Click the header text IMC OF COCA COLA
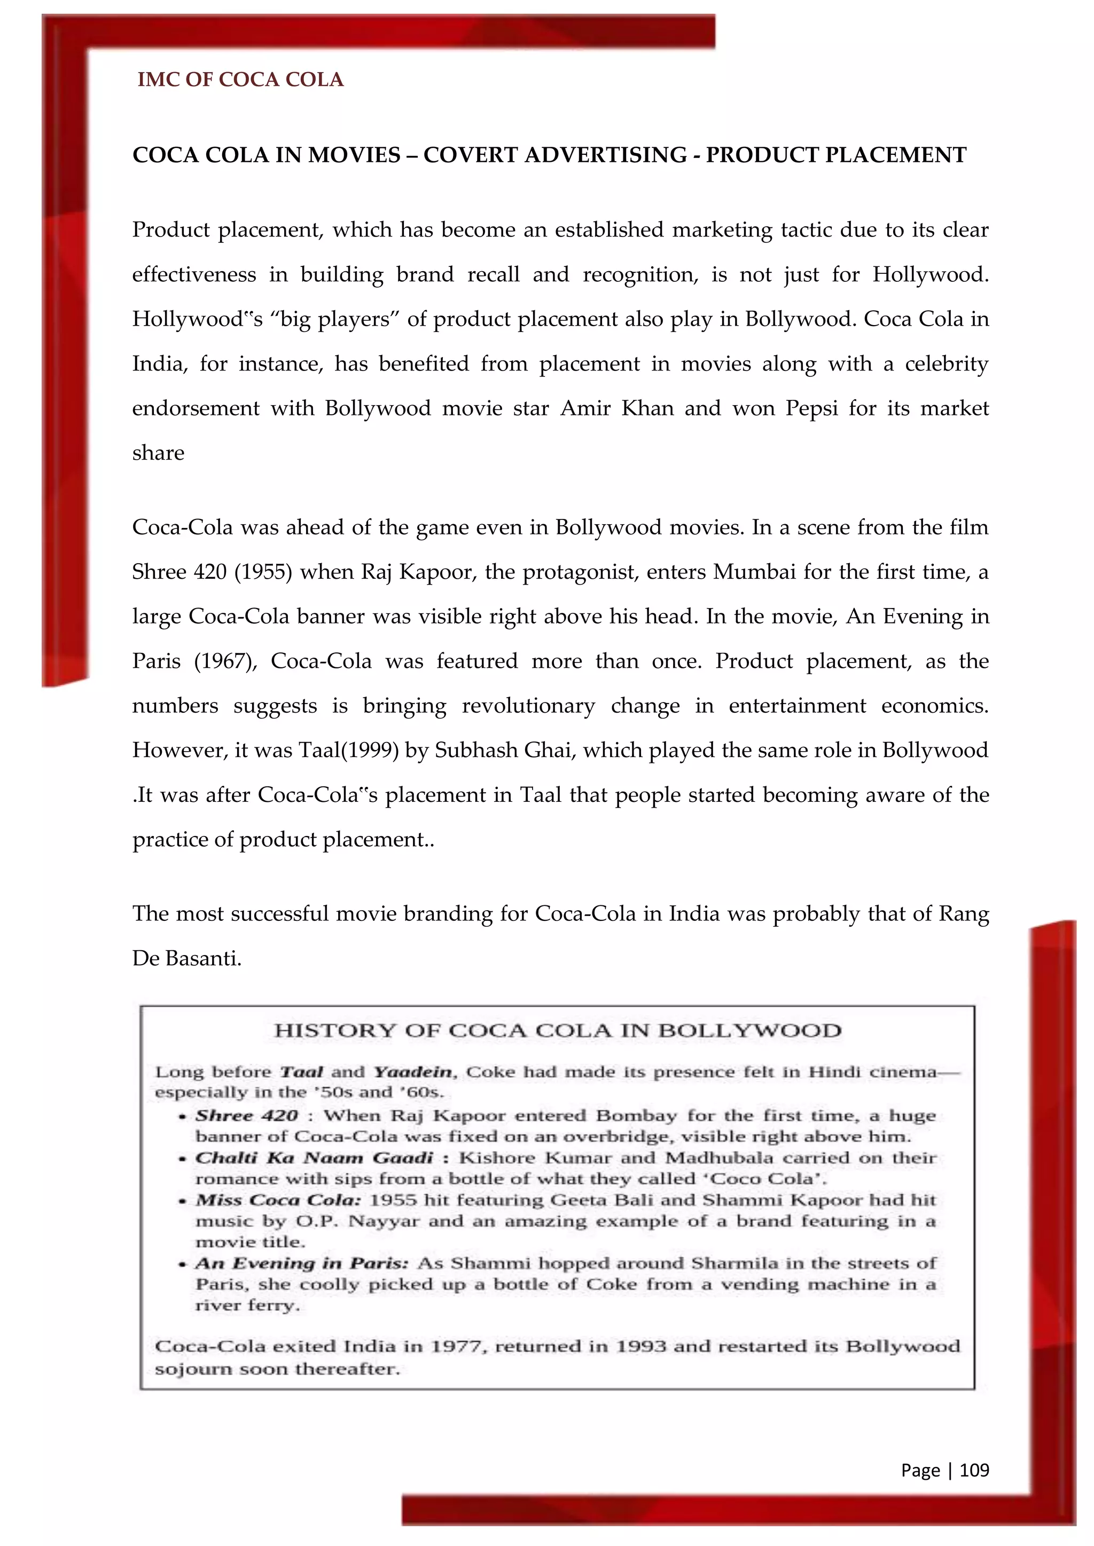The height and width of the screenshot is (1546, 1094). (240, 80)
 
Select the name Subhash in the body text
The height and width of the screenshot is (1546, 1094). (476, 750)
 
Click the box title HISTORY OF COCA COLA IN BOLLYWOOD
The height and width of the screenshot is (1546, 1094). (558, 1031)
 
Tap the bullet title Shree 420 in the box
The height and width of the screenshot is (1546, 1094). (247, 1116)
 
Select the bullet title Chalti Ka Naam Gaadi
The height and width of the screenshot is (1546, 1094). (314, 1157)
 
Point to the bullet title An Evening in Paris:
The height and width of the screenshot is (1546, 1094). (302, 1263)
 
